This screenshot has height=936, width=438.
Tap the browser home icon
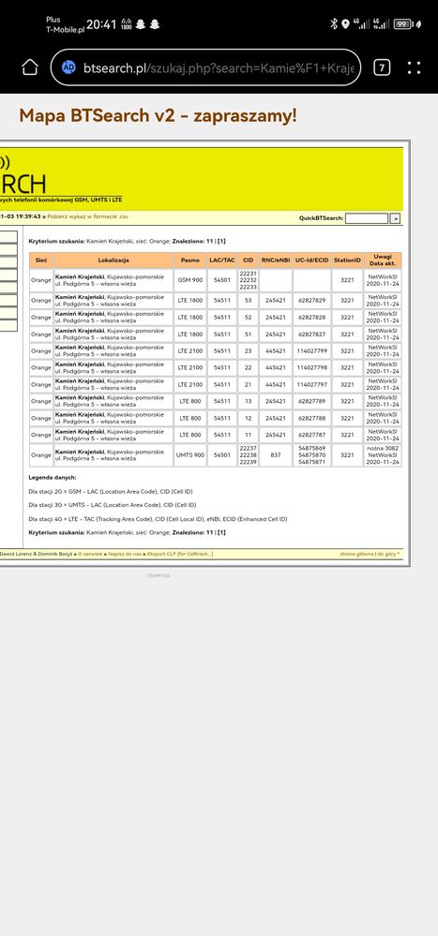point(30,67)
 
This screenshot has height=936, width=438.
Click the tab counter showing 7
point(382,67)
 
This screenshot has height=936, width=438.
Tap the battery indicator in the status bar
point(403,23)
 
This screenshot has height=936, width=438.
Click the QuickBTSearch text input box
point(366,217)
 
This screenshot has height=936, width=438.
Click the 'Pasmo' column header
point(189,259)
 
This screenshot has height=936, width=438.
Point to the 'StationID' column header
point(347,259)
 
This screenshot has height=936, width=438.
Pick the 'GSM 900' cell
point(189,279)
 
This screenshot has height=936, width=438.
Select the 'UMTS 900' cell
point(189,455)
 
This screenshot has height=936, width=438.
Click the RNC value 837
point(275,455)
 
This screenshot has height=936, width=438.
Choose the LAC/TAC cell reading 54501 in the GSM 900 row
point(222,279)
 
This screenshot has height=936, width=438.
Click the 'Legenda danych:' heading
point(53,478)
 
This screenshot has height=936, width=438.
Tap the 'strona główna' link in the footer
point(356,554)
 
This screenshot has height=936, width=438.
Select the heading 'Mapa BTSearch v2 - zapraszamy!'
point(158,115)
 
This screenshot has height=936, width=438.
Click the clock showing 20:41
point(101,23)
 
